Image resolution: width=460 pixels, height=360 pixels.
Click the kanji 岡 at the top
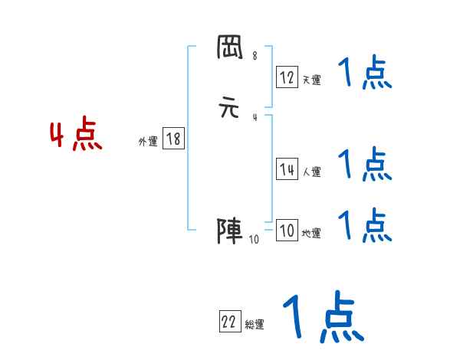230,49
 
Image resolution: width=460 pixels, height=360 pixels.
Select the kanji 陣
230,231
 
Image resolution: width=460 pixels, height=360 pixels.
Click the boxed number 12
287,77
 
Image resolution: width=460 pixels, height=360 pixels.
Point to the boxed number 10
287,231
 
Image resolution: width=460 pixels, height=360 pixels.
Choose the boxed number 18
173,139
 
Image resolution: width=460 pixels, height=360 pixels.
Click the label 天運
311,80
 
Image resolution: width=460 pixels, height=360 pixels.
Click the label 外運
148,142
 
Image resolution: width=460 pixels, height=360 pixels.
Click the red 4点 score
76,136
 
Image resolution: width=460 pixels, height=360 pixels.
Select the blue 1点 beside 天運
365,74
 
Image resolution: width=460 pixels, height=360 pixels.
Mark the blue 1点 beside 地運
365,224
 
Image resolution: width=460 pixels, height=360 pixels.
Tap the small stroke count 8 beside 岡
254,56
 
